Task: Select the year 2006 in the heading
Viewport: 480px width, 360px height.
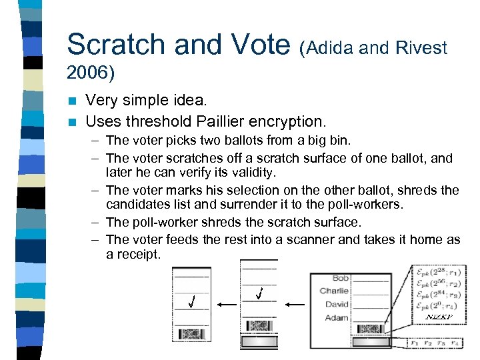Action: tap(91, 71)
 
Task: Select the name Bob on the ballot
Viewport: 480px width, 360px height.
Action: tap(340, 277)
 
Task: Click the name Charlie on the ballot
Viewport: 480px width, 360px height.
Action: tap(334, 291)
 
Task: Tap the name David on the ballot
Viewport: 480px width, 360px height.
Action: tap(337, 304)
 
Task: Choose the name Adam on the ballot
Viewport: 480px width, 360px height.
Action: tap(337, 317)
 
